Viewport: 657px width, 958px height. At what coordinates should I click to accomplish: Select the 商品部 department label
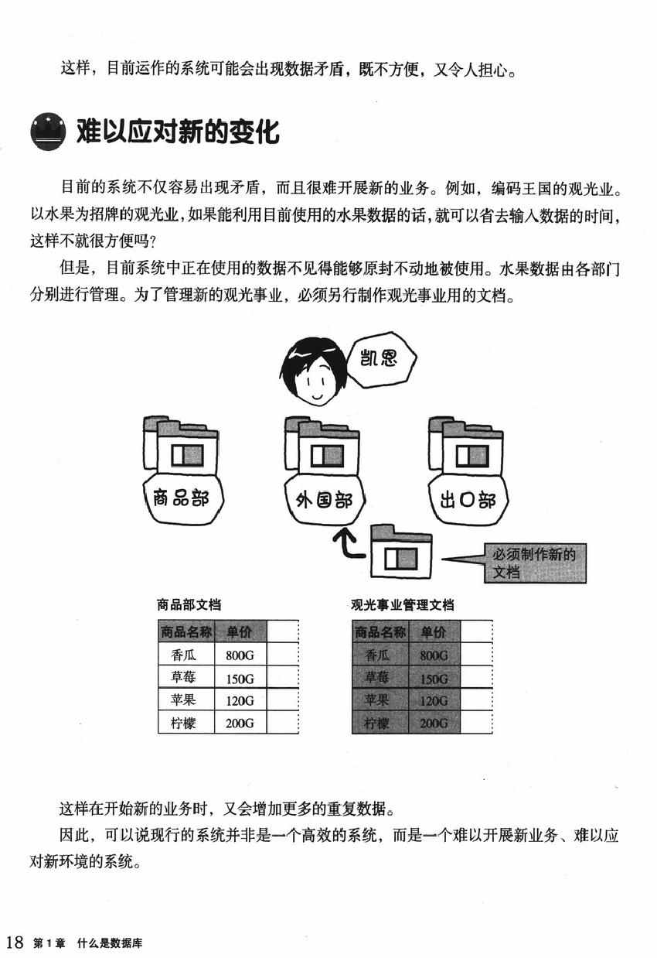click(x=182, y=499)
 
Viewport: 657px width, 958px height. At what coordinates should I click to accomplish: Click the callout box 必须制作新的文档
click(x=535, y=563)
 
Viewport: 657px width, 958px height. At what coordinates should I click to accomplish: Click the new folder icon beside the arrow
click(x=400, y=553)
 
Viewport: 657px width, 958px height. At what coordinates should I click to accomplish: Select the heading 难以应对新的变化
click(x=177, y=132)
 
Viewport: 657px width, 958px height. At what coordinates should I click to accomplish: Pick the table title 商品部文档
click(x=189, y=605)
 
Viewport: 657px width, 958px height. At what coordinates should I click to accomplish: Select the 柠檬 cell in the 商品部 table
click(x=183, y=724)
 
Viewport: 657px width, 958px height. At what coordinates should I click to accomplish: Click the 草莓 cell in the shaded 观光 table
click(x=378, y=679)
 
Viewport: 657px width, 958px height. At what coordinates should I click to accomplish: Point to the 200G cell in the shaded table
click(x=434, y=724)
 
